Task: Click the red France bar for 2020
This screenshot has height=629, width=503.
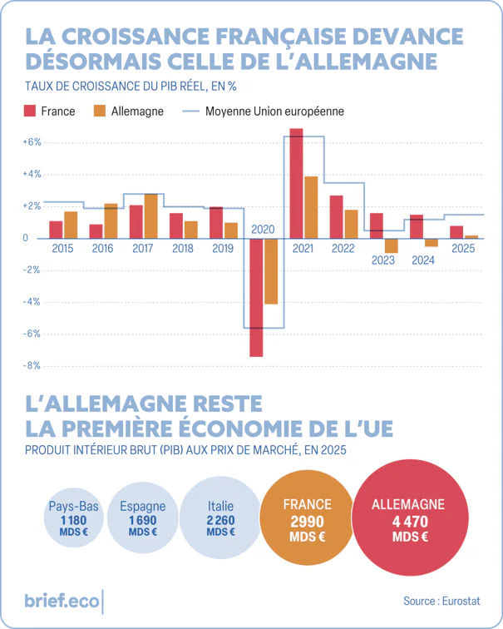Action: click(x=257, y=297)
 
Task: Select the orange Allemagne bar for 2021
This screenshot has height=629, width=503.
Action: click(x=311, y=207)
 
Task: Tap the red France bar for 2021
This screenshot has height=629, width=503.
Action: click(x=297, y=183)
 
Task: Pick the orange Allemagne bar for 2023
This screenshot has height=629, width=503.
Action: click(x=392, y=246)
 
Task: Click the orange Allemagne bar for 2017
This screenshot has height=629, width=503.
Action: click(x=150, y=216)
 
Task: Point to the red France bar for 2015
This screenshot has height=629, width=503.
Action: click(x=56, y=230)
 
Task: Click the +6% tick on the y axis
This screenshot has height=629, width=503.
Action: click(x=32, y=142)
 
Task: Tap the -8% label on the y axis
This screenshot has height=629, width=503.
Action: click(x=32, y=365)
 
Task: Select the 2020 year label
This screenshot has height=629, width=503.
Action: click(x=263, y=230)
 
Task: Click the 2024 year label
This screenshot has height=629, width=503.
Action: click(x=423, y=260)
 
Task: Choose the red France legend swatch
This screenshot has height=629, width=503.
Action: click(x=30, y=111)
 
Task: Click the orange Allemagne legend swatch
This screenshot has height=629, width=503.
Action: click(x=100, y=111)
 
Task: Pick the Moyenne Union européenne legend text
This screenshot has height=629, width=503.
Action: click(x=274, y=111)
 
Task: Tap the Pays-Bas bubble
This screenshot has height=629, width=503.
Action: click(x=74, y=518)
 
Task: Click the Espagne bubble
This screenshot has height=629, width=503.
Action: click(x=143, y=518)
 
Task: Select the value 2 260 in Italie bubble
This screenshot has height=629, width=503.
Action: click(x=221, y=520)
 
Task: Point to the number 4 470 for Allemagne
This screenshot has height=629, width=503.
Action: click(x=410, y=522)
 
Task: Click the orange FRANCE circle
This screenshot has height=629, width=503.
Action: click(x=307, y=518)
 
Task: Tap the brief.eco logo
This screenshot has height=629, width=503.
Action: click(x=62, y=601)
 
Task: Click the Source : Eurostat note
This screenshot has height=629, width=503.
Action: click(x=441, y=601)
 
